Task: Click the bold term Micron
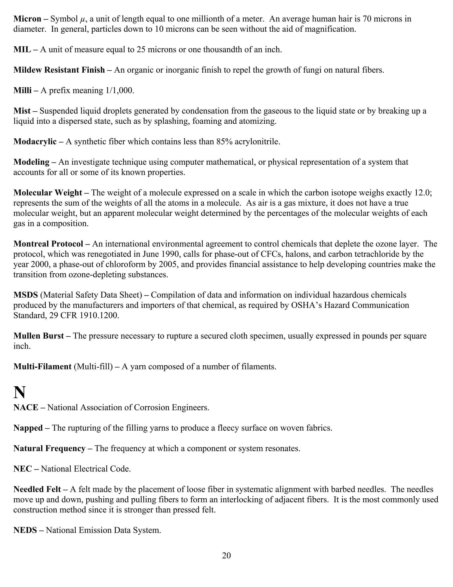pyautogui.click(x=27, y=19)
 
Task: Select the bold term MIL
pyautogui.click(x=22, y=49)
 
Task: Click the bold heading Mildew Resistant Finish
pyautogui.click(x=59, y=70)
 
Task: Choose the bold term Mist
pyautogui.click(x=22, y=111)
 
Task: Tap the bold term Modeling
pyautogui.click(x=31, y=162)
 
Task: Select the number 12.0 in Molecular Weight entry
pyautogui.click(x=420, y=193)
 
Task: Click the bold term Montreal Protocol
pyautogui.click(x=48, y=244)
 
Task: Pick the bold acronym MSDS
pyautogui.click(x=26, y=295)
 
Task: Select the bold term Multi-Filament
pyautogui.click(x=42, y=366)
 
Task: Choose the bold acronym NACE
pyautogui.click(x=26, y=407)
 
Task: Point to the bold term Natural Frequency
pyautogui.click(x=49, y=448)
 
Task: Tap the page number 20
pyautogui.click(x=226, y=555)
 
